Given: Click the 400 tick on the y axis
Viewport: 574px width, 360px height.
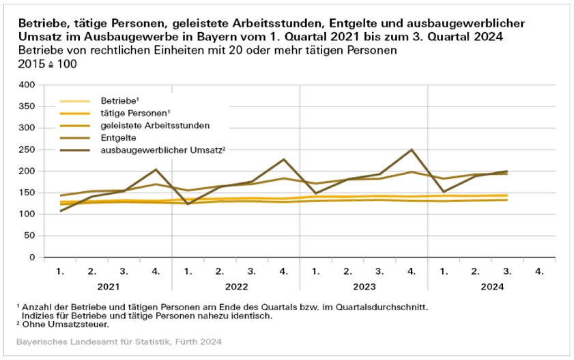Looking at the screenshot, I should (26, 85).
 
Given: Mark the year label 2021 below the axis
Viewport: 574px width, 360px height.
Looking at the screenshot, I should (108, 287).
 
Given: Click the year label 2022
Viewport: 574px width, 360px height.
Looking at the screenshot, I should (235, 287).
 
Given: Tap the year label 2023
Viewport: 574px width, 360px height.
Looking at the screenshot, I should (364, 287).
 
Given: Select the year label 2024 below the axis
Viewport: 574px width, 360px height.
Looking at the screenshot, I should (491, 287).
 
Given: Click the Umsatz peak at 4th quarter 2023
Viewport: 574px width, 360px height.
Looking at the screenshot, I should (412, 150).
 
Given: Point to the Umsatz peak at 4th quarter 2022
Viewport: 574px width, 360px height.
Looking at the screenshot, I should (284, 159).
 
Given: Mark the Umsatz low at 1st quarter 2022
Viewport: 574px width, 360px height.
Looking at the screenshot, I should (188, 204).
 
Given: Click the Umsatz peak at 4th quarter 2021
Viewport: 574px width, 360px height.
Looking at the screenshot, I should (156, 169).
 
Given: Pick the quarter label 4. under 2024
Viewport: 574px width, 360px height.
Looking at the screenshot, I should (540, 272).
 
